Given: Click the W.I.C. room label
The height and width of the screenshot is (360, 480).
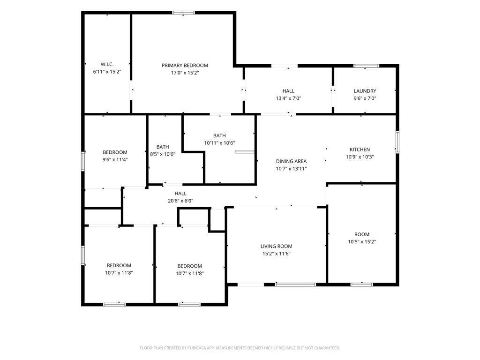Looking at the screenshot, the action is tap(107, 64).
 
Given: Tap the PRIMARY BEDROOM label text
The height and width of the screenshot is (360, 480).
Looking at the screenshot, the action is tap(185, 65).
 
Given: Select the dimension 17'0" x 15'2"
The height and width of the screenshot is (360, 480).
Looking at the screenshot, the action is tap(185, 73).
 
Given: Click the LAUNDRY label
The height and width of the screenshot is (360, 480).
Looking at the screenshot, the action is tap(365, 91).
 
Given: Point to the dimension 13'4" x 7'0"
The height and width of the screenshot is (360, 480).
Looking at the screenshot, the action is tap(288, 98).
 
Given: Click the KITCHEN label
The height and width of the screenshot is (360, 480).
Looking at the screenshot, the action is tap(360, 150).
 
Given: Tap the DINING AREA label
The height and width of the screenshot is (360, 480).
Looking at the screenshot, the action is tap(291, 161).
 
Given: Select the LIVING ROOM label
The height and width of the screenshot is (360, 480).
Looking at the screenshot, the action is tap(277, 246).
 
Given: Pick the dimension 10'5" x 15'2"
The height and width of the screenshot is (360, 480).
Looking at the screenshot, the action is tap(362, 241).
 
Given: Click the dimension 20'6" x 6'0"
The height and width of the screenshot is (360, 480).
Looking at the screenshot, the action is tap(180, 201).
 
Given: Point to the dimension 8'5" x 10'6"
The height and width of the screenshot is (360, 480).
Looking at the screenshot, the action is tap(163, 154).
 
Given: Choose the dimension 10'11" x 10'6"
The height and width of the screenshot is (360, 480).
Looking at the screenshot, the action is tap(219, 143).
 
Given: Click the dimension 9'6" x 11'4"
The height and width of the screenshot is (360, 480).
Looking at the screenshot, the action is tap(115, 159).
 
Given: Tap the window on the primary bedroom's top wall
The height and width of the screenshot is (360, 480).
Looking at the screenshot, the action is tap(183, 13).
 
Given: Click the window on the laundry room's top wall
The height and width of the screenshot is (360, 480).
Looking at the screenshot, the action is tap(366, 66).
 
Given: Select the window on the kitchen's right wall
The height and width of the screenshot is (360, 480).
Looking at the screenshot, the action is tap(397, 142).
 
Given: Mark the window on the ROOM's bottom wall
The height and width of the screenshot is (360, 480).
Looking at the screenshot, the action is tap(361, 285).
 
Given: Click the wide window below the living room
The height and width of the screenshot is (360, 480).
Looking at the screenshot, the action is tap(295, 285).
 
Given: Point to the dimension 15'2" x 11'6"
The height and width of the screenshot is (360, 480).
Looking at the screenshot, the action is tap(277, 254).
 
